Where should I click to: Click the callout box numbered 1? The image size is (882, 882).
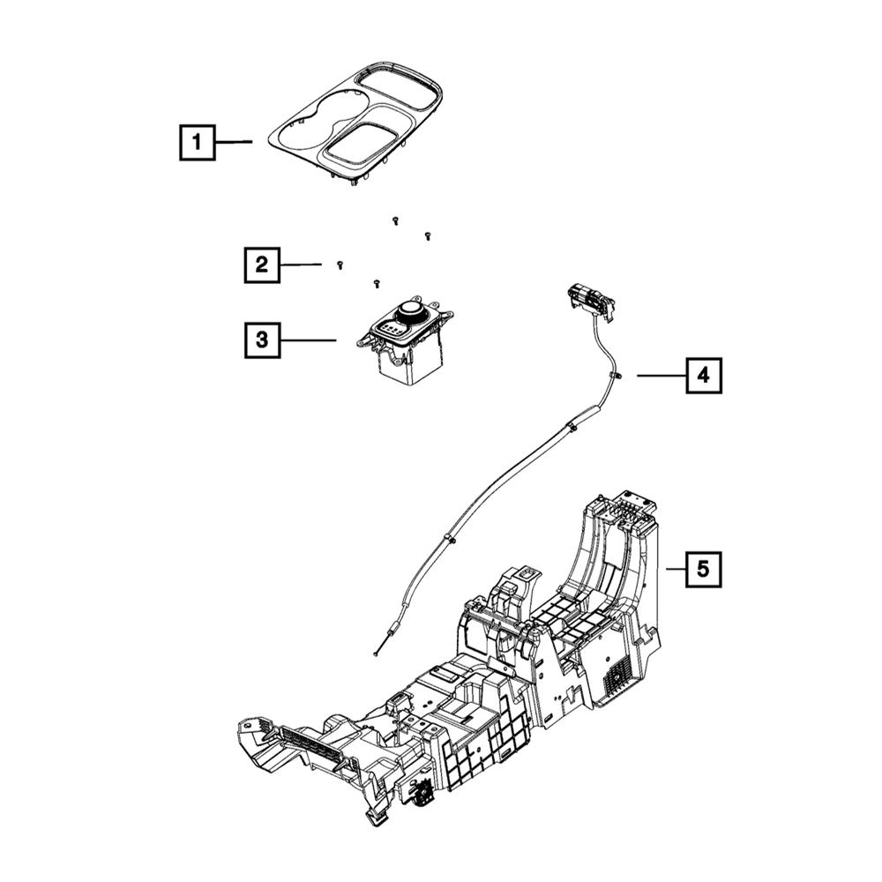coord(198,141)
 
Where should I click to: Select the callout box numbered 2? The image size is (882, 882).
coord(262,264)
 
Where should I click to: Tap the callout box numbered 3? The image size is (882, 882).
coord(262,339)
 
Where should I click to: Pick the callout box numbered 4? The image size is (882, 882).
coord(703,375)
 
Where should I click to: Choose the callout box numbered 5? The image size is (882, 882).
coord(703,569)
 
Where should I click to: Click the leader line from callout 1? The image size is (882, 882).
coord(235,141)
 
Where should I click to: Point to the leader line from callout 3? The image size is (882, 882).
coord(309,339)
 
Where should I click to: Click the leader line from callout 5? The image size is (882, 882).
coord(675,569)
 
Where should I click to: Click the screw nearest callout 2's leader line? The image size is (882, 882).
coord(340,265)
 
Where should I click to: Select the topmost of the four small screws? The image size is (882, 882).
coord(395,220)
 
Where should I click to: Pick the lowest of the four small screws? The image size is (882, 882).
coord(377,283)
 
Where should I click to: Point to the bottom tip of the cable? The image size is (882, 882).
coord(376,654)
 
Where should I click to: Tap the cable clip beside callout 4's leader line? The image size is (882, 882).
coord(611,377)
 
